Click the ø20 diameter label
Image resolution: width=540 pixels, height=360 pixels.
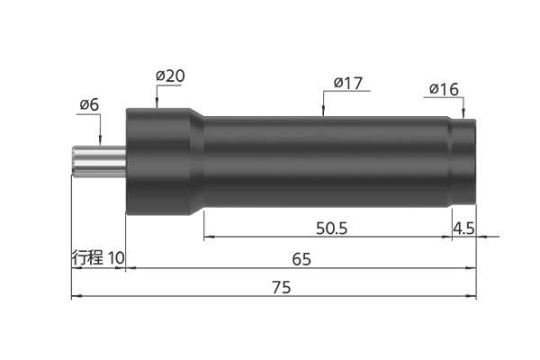click(x=170, y=76)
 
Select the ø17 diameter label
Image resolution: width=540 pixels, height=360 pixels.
click(x=347, y=83)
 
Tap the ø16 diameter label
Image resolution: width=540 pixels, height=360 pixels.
click(x=444, y=90)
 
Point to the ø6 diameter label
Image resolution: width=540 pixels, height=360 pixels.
click(x=89, y=104)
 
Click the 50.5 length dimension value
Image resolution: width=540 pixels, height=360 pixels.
click(x=331, y=229)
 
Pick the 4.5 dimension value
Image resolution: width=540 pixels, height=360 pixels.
click(x=463, y=229)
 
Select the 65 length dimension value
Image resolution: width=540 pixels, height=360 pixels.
click(x=301, y=259)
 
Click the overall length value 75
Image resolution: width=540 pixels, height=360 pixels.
click(x=282, y=287)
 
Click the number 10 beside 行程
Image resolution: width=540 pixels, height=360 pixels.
click(x=116, y=257)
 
